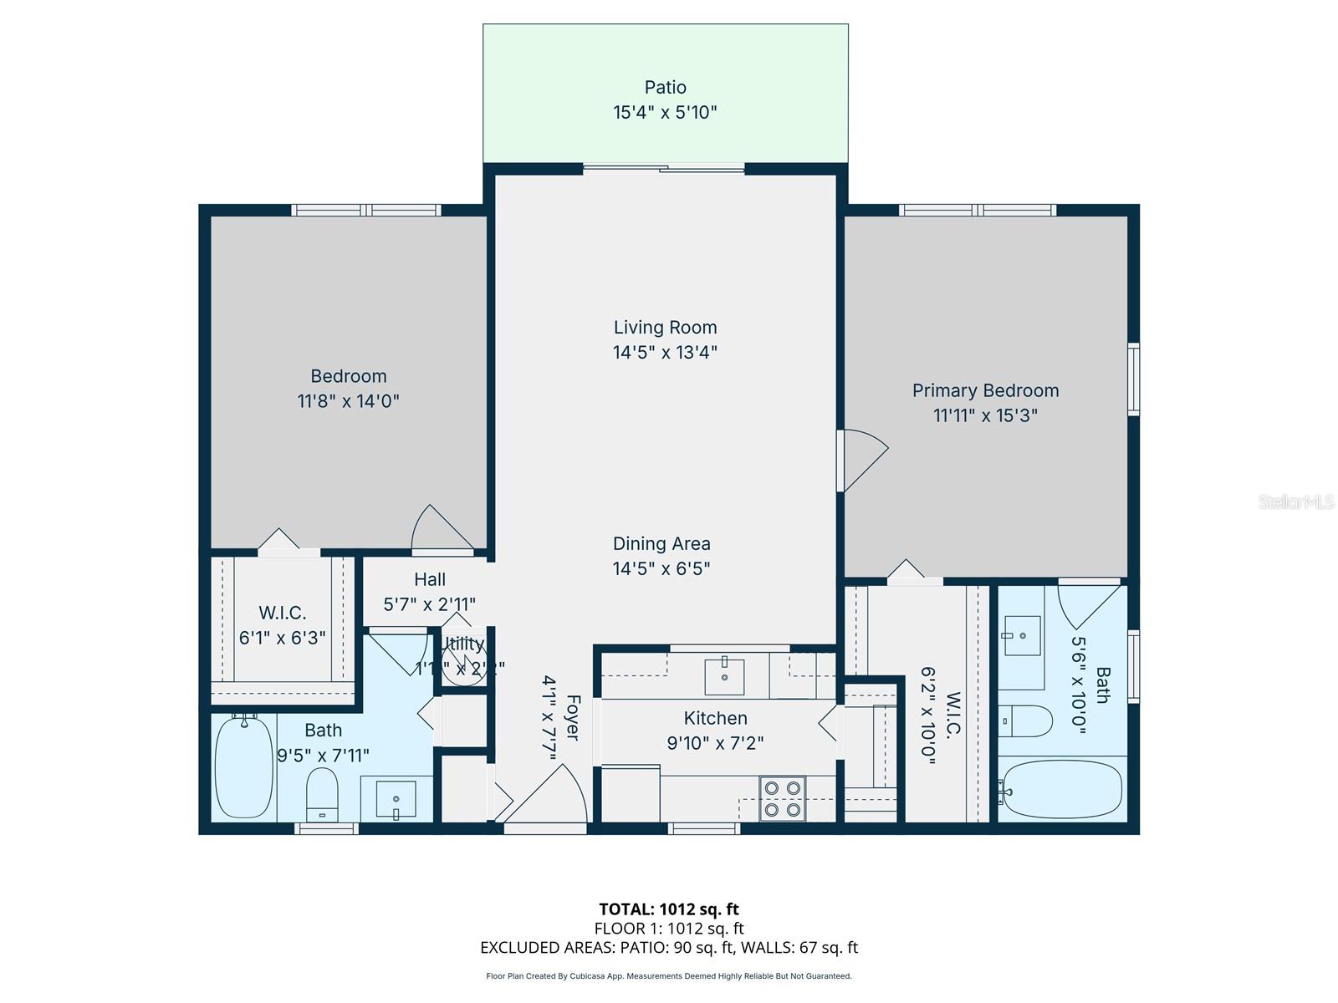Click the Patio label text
pos(665,87)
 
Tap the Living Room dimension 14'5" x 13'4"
pos(665,352)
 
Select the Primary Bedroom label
pos(985,390)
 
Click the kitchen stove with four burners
pos(782,798)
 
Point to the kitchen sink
pos(724,677)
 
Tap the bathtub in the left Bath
pos(243,766)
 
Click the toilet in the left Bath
pos(322,794)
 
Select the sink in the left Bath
pos(396,799)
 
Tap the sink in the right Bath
pos(1021,637)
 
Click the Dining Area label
pos(661,543)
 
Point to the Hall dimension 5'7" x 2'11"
pos(430,603)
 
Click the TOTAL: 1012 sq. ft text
pos(668,909)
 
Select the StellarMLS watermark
pos(1295,501)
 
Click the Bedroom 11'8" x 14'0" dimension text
pos(348,400)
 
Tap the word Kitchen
pos(715,718)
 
